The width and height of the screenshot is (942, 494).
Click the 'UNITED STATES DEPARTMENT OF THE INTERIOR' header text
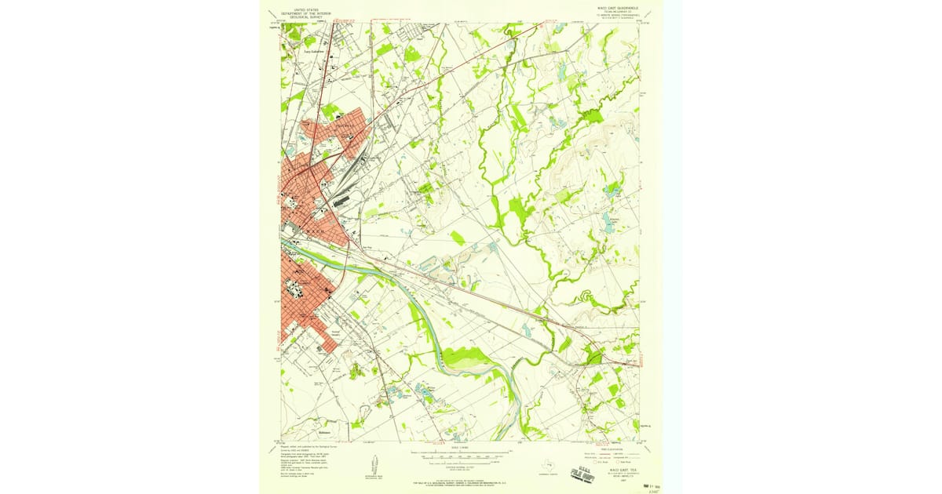(x=305, y=11)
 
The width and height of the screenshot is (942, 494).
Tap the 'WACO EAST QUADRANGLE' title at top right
(x=613, y=8)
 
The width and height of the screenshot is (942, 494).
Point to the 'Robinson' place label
(x=301, y=431)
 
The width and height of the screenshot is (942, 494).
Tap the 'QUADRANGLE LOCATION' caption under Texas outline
(x=549, y=474)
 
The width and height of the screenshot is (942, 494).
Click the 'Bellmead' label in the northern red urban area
(x=344, y=125)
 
